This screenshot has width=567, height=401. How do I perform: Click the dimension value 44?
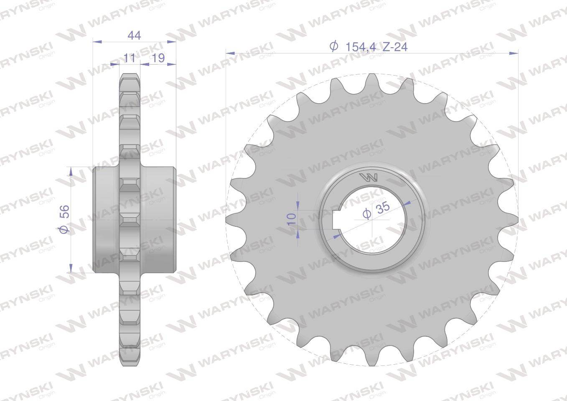(x=134, y=36)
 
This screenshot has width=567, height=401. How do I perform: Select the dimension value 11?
(x=129, y=58)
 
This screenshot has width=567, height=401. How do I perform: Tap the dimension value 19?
(x=158, y=58)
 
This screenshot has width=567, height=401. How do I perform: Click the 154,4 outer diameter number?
(x=361, y=47)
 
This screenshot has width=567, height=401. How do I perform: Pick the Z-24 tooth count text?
(x=395, y=47)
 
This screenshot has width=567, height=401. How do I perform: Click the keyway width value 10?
(x=292, y=219)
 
